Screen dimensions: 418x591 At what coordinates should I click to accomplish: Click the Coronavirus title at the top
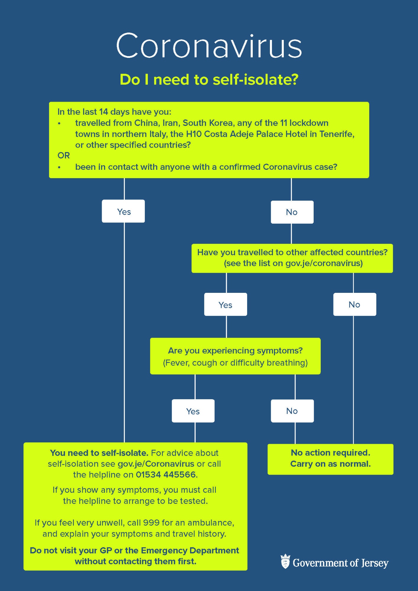[x=209, y=46]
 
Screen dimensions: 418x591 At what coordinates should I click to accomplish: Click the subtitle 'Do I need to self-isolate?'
[x=209, y=79]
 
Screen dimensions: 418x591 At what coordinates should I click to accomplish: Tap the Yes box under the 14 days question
[x=123, y=211]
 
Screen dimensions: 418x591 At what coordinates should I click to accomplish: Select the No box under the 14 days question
[x=292, y=212]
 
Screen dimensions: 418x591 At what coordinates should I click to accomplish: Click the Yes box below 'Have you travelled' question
[x=226, y=304]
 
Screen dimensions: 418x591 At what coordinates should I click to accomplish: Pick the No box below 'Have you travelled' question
[x=355, y=304]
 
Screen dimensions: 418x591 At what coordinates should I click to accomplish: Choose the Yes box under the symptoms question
[x=193, y=411]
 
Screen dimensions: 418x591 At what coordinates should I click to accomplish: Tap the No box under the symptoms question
[x=292, y=411]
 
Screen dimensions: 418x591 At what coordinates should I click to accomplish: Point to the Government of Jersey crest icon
[x=285, y=561]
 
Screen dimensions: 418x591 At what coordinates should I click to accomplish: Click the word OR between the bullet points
[x=64, y=155]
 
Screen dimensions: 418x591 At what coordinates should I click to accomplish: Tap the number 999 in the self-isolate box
[x=151, y=523]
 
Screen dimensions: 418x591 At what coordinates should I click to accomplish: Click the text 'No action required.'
[x=330, y=453]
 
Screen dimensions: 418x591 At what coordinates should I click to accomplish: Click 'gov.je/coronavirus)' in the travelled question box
[x=324, y=263]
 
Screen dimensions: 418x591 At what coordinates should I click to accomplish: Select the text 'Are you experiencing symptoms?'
[x=235, y=351]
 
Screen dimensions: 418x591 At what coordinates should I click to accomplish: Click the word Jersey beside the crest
[x=375, y=563]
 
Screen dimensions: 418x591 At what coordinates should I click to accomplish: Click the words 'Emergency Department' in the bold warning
[x=190, y=551]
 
